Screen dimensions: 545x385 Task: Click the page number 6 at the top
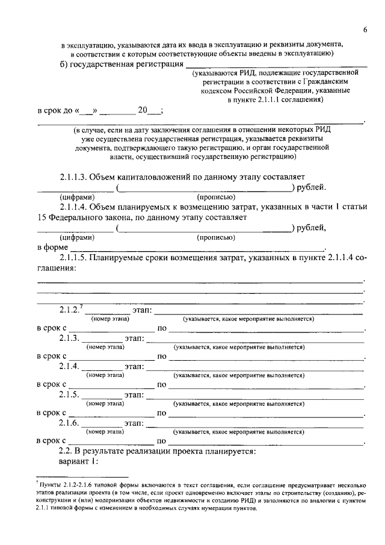pos(365,31)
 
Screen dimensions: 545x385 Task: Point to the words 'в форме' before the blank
pos(52,247)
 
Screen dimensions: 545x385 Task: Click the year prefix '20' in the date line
pos(143,110)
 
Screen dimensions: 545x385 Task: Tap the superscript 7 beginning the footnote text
pos(37,483)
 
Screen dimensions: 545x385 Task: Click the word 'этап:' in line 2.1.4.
pos(135,366)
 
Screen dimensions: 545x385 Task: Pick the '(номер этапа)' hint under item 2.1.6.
pos(105,432)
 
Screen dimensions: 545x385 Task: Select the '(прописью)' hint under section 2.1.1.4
pos(216,237)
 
